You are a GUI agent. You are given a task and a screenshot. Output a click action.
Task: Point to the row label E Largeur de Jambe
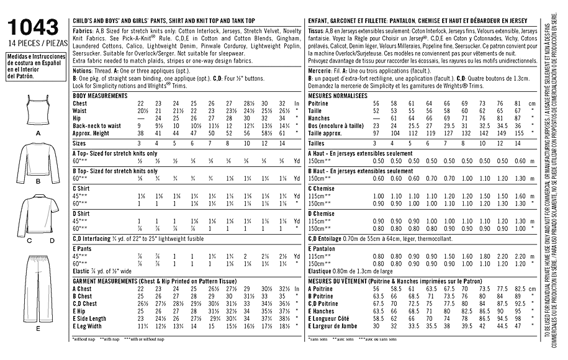pos(335,326)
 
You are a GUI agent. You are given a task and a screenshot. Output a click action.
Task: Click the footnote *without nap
pos(84,340)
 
